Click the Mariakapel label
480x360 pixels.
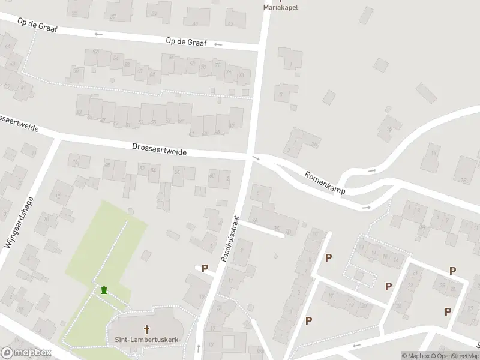click(x=280, y=8)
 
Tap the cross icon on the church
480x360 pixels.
click(x=146, y=329)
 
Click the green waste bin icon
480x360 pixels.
click(x=104, y=290)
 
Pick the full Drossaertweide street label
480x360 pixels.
click(x=159, y=149)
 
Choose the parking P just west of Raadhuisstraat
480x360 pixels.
click(x=205, y=269)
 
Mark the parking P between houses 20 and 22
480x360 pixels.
click(x=388, y=286)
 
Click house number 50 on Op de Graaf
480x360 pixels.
click(x=76, y=71)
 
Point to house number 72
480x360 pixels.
click(x=217, y=65)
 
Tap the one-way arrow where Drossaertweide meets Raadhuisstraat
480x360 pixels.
click(x=256, y=158)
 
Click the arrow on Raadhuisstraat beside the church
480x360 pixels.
click(x=198, y=348)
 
